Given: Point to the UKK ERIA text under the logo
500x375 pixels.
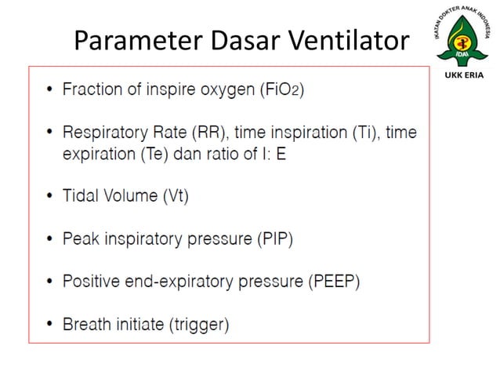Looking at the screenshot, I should click(x=464, y=76).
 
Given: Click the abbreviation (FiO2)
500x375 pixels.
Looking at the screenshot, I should click(x=281, y=89).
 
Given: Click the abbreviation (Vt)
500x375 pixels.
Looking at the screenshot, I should click(x=174, y=197).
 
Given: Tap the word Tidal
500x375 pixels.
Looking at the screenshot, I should click(x=81, y=197).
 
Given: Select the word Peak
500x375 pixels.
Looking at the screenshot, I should click(x=81, y=239).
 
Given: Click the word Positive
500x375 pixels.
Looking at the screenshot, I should click(x=90, y=281).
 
